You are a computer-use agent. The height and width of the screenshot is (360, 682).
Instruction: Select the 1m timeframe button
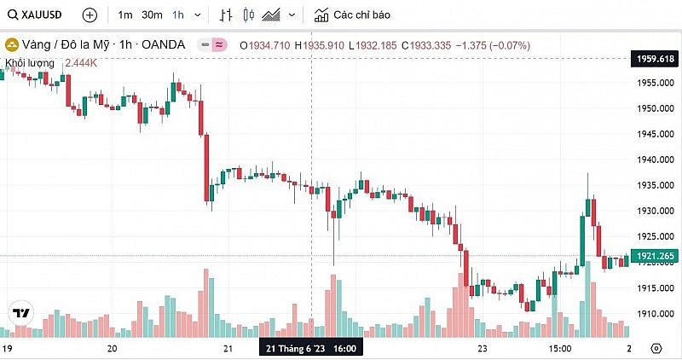(x=125, y=15)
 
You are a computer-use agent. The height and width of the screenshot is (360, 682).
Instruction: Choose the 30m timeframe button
(x=152, y=15)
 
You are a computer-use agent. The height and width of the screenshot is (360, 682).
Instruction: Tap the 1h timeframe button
(x=178, y=15)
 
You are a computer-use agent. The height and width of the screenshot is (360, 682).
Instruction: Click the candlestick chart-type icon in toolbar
(x=249, y=15)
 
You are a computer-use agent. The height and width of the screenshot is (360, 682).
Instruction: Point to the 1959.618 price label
(x=654, y=59)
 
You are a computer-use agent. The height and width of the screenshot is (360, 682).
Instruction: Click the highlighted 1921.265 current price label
(x=654, y=256)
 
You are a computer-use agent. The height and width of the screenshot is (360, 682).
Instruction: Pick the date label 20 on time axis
(x=112, y=349)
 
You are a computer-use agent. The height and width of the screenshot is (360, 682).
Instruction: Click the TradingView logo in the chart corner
(x=20, y=313)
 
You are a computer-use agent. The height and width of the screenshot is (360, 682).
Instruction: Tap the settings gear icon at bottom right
(x=656, y=349)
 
